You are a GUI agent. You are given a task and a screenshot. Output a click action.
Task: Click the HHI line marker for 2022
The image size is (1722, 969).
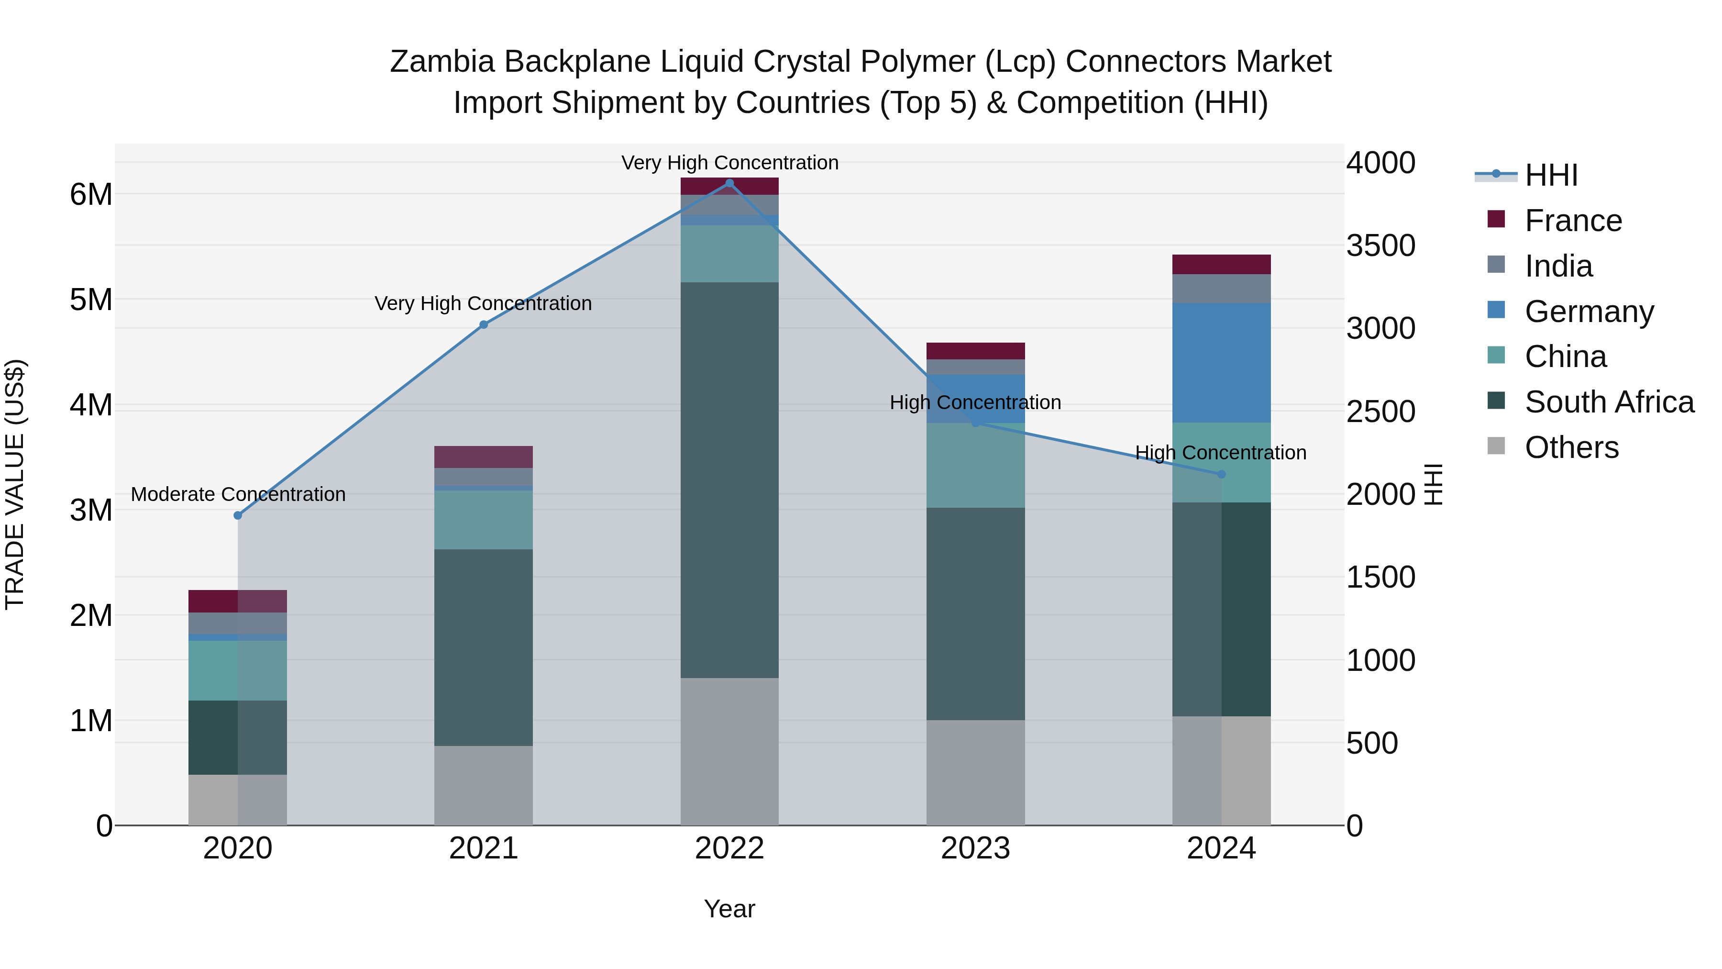click(729, 183)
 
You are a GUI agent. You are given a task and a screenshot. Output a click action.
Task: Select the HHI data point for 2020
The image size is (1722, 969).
click(238, 515)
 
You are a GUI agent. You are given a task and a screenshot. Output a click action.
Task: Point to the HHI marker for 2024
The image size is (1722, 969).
click(1221, 474)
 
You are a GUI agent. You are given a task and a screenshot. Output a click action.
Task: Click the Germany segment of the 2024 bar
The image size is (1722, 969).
click(1221, 362)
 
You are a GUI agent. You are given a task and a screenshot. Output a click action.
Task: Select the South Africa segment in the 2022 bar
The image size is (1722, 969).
click(729, 480)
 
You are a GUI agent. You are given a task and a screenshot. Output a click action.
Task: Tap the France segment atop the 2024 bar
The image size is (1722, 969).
click(1221, 265)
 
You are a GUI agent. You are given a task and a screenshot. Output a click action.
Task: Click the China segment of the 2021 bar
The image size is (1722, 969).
click(483, 520)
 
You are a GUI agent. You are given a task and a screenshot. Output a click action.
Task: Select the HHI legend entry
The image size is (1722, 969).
click(1551, 175)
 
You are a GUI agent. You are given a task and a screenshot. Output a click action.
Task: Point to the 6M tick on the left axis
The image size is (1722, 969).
click(91, 195)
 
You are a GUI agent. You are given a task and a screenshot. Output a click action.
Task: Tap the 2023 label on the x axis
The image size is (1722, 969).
click(975, 848)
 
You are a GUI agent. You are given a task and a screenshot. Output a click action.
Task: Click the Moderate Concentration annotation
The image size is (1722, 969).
click(238, 494)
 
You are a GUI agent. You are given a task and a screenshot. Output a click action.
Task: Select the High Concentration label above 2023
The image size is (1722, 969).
click(975, 402)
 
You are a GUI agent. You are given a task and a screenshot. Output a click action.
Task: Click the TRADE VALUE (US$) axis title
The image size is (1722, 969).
click(15, 484)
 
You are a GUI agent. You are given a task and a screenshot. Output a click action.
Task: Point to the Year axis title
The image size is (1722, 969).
click(729, 909)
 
